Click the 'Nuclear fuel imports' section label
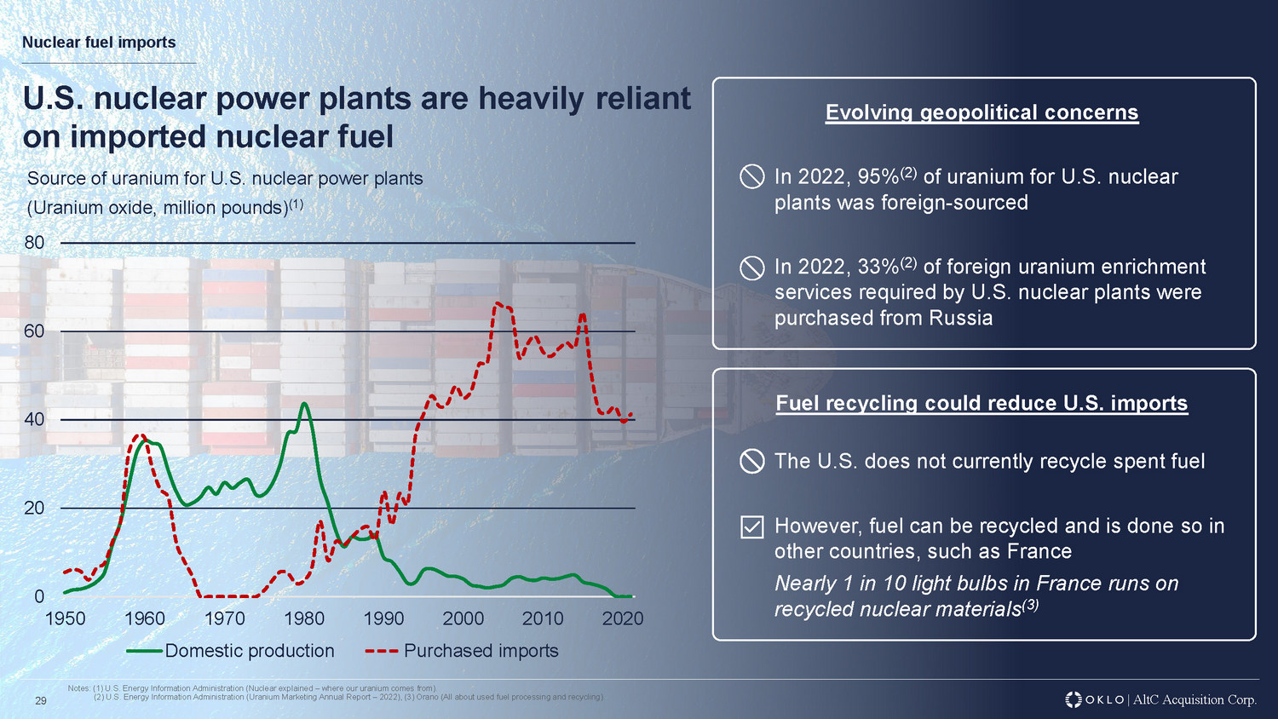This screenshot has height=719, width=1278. tap(99, 43)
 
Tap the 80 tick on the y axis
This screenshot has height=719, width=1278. tap(34, 243)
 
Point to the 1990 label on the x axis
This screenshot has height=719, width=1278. tap(383, 618)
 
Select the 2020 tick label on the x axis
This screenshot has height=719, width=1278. tap(623, 618)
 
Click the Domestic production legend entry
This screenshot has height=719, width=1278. tap(231, 651)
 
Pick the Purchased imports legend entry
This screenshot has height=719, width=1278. tap(463, 651)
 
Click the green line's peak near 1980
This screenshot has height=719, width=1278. tap(303, 404)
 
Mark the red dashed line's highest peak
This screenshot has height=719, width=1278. tap(496, 303)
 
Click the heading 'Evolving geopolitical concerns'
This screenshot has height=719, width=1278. tap(982, 112)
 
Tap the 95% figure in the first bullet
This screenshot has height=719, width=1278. tap(878, 177)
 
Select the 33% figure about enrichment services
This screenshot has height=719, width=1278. tap(878, 267)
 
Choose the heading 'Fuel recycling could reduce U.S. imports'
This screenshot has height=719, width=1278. tap(982, 403)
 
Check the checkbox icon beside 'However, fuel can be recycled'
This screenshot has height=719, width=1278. tap(751, 527)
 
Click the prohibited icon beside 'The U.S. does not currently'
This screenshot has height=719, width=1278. tap(751, 462)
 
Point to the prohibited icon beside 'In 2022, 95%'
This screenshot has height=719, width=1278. tap(751, 177)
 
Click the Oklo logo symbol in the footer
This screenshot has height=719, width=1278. tap(1074, 699)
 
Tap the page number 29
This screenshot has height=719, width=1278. tap(40, 701)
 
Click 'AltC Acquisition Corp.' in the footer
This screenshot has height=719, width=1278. tap(1195, 699)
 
